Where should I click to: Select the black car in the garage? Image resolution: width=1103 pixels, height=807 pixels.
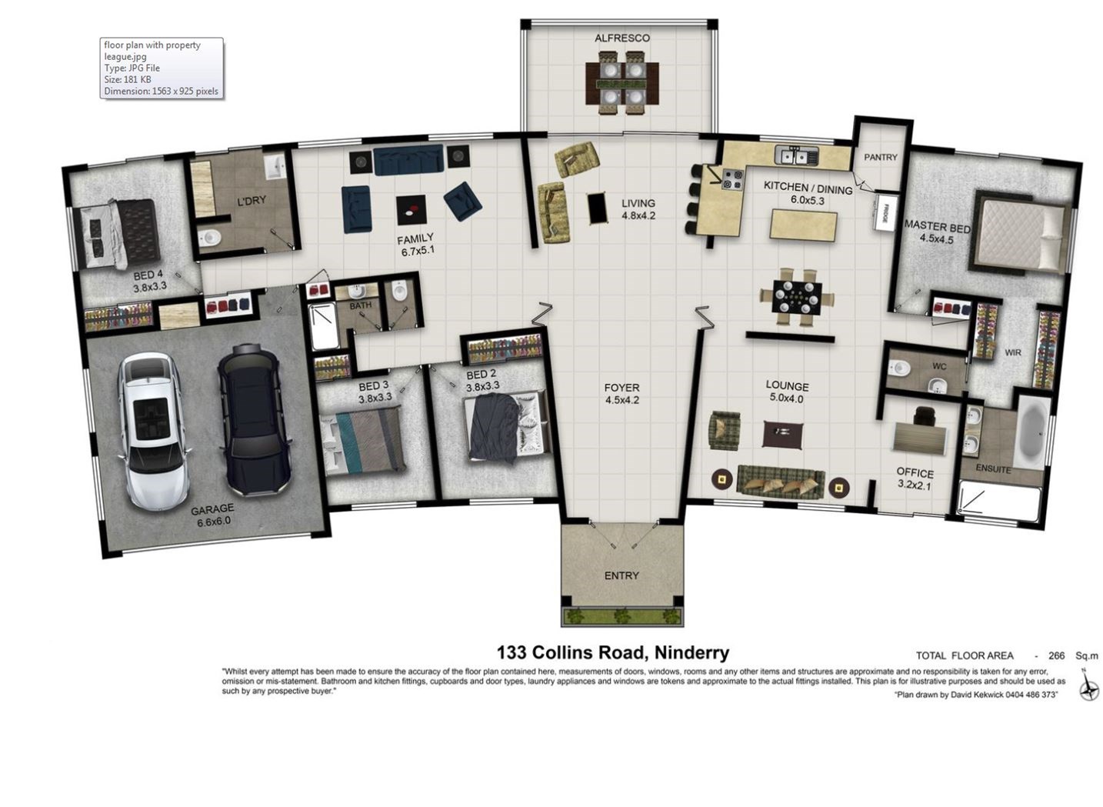(x=255, y=419)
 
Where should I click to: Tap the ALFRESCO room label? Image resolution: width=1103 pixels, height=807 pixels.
(x=622, y=38)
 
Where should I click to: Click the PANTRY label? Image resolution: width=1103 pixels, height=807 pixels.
(x=881, y=157)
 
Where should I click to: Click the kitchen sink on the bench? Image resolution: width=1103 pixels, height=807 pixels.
(x=796, y=155)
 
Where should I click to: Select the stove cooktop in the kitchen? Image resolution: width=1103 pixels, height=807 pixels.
(x=732, y=179)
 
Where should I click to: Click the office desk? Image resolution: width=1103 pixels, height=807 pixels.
(x=920, y=441)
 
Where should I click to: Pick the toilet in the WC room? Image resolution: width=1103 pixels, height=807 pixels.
(x=899, y=367)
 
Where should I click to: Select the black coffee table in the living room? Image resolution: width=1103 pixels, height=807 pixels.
(x=598, y=208)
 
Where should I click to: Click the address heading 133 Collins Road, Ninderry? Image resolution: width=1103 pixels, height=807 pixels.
(x=612, y=653)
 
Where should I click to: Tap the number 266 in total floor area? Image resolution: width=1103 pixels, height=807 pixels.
(x=1057, y=656)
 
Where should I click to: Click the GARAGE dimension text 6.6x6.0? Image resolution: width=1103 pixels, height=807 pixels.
(x=214, y=522)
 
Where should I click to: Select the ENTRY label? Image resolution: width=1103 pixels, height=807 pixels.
(x=621, y=575)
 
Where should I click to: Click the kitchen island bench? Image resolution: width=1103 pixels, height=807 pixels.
(x=804, y=225)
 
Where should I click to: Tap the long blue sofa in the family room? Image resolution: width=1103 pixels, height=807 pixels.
(x=408, y=159)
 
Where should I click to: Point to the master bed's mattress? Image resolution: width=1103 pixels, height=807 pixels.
(x=1019, y=235)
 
